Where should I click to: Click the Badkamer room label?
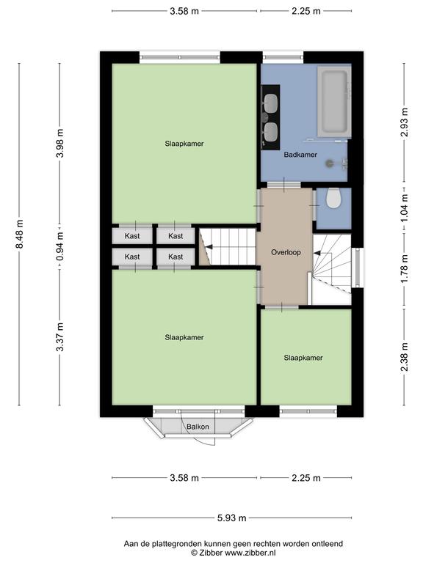coord(300,155)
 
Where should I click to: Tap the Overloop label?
coord(286,252)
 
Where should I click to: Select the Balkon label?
coord(198,427)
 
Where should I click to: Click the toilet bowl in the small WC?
coord(333,199)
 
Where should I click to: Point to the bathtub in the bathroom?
coord(334,102)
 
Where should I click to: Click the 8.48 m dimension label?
coord(19,234)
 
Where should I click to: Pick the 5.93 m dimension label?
coord(231,518)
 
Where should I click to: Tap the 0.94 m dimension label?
coord(59,246)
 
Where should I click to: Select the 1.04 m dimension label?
coord(405,207)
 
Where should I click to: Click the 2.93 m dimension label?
coord(405,122)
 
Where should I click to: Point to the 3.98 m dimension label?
coord(59,143)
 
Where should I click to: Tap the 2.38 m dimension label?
coord(405,357)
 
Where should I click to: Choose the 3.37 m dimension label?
coord(59,337)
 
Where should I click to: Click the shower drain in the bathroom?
coord(330,163)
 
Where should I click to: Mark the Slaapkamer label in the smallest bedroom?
coord(303,358)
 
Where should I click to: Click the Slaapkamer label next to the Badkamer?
coord(184,144)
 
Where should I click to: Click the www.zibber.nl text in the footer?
coord(250,553)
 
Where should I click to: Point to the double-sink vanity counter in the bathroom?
coord(270,117)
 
